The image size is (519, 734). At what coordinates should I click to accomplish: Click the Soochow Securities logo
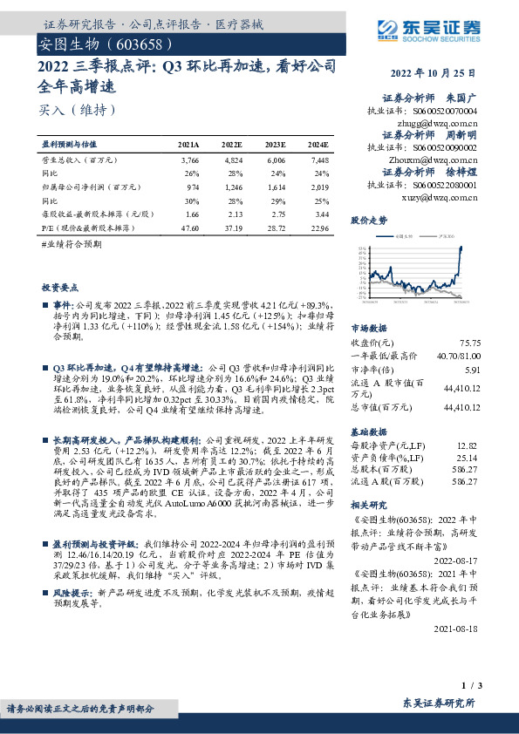442,32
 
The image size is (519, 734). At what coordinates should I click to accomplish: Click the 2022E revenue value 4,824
233,160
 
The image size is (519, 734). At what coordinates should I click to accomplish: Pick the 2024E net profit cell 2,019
318,187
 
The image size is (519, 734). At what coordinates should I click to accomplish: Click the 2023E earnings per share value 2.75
275,213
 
